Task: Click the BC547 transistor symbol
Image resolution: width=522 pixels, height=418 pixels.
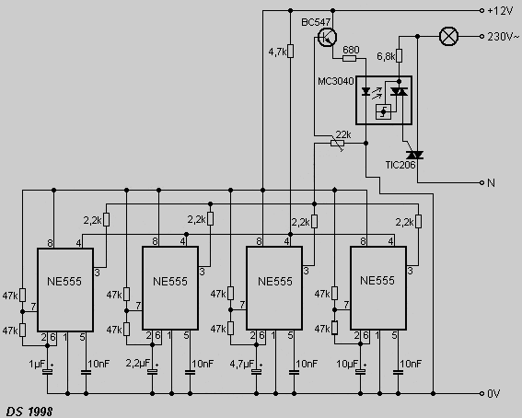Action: pos(327,37)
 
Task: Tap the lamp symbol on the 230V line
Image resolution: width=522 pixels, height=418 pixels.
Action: pos(448,36)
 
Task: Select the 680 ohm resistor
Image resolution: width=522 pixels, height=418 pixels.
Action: pos(349,59)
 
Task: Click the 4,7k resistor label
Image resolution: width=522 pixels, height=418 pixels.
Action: pos(277,52)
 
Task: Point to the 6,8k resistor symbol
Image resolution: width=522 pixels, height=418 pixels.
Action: pos(399,56)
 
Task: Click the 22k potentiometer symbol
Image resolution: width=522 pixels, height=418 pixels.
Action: pos(338,144)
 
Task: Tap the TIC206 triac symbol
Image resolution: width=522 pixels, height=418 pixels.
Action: pos(414,155)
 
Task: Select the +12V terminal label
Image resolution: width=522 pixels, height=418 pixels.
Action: pos(500,11)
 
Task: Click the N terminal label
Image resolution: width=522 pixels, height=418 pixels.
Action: pos(491,182)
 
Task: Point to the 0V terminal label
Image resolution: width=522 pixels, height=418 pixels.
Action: pos(493,394)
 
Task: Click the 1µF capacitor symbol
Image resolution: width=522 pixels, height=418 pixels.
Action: pos(47,372)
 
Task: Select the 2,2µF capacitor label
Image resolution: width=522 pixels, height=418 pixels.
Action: pos(138,363)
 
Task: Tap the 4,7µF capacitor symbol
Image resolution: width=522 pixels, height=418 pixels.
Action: pos(256,372)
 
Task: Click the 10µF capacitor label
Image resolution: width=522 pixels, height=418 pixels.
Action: pos(347,364)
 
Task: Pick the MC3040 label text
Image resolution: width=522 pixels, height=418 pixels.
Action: pos(335,81)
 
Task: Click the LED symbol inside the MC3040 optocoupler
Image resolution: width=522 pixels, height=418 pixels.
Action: pos(365,91)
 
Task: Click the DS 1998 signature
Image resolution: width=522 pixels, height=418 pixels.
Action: pos(29,412)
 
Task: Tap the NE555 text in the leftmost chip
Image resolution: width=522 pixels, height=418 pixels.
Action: pos(64,282)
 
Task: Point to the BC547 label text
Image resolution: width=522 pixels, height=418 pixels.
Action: pos(316,22)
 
